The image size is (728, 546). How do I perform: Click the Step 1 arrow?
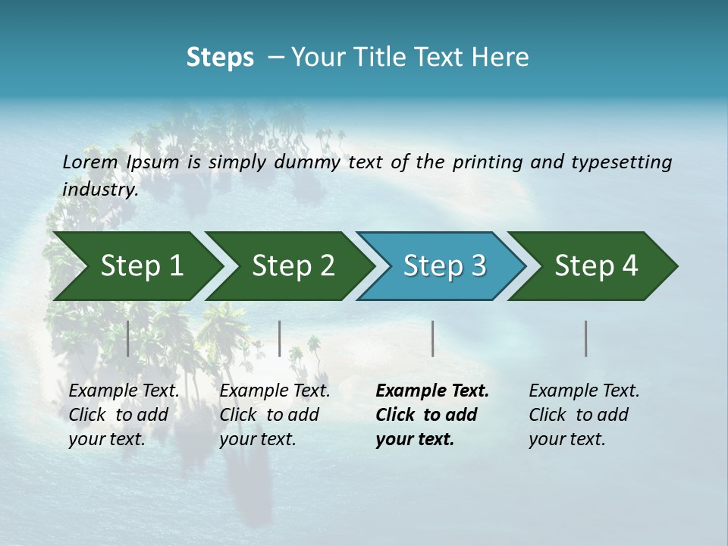click(x=136, y=266)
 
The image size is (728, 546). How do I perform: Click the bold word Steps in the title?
click(x=220, y=57)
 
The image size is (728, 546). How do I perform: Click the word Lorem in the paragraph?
click(x=90, y=162)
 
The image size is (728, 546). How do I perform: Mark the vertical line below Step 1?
click(x=127, y=338)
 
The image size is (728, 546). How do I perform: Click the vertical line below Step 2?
click(x=280, y=338)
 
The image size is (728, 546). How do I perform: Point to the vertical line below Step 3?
click(x=432, y=338)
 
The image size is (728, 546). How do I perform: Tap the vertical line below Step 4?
click(x=586, y=338)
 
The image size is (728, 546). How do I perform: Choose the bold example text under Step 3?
click(x=431, y=415)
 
